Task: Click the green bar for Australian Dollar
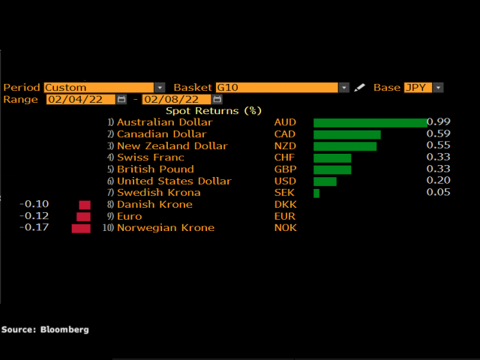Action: [x=370, y=123]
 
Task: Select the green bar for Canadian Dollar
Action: [x=346, y=134]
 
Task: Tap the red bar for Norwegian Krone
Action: [x=81, y=228]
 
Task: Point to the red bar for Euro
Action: [x=83, y=217]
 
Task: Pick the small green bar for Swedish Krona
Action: [x=316, y=193]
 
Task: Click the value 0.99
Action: [x=439, y=121]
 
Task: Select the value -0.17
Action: [x=36, y=227]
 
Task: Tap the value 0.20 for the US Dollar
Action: [x=439, y=181]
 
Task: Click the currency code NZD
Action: [x=285, y=145]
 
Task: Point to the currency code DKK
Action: [x=285, y=204]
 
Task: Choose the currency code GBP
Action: [x=285, y=169]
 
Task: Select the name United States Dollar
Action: [x=174, y=181]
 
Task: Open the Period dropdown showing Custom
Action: [x=104, y=88]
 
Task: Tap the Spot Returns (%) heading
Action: [x=213, y=111]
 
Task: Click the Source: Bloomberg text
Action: [x=45, y=329]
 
